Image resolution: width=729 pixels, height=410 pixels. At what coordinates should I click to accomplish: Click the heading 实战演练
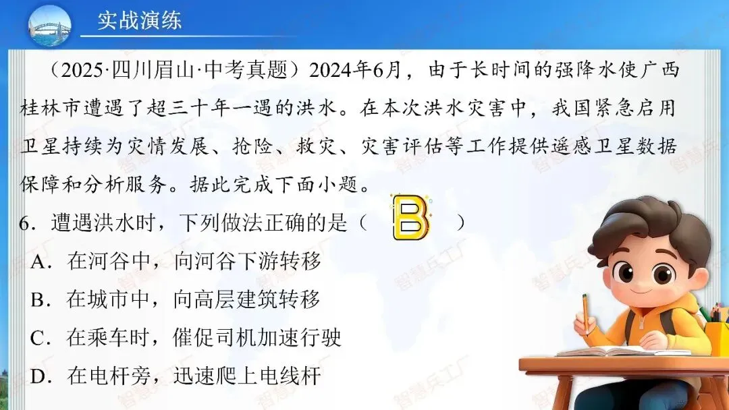pos(139,20)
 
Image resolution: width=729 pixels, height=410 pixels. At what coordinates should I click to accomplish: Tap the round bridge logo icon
pos(49,26)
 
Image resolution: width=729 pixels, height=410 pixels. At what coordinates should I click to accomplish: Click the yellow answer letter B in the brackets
pos(411,218)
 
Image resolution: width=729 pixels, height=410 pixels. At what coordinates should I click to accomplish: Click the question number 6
pos(25,223)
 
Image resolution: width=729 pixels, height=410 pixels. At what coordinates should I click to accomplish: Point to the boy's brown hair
pos(648,223)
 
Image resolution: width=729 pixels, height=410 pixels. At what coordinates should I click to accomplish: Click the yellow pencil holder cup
pos(718,337)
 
